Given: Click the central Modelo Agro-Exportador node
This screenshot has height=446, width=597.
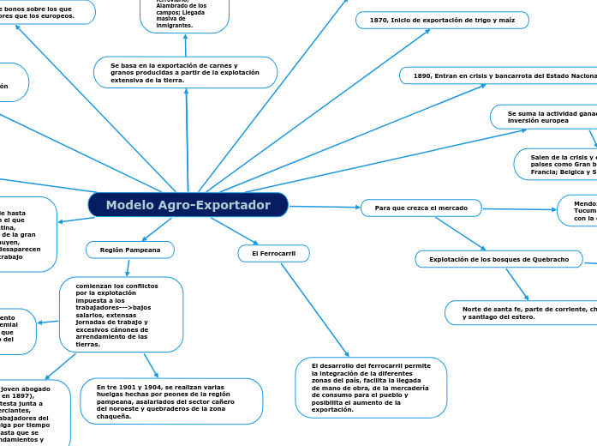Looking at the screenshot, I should coord(188,205).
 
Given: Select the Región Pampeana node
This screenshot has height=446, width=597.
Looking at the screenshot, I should coord(130,250).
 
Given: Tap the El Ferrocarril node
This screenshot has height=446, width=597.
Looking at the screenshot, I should coord(273,254).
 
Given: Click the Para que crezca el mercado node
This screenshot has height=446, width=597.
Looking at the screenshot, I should coord(421,208).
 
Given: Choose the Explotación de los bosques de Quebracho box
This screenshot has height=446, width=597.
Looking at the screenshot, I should coord(498,259).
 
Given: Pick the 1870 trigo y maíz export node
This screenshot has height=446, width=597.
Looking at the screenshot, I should coord(442,20).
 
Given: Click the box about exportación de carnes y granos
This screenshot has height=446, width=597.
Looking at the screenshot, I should coord(186,72).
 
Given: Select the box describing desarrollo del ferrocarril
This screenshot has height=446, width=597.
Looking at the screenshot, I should coord(371,388).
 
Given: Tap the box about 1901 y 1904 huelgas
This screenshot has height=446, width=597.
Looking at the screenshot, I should coord(172,401).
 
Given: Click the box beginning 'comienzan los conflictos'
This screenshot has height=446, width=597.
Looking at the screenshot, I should coord(121,314).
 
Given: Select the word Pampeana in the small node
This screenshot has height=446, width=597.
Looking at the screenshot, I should coord(144,250).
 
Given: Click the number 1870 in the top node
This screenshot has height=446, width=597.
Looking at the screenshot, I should coord(378,20).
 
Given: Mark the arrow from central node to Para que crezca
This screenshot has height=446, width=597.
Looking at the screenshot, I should coord(325,207).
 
